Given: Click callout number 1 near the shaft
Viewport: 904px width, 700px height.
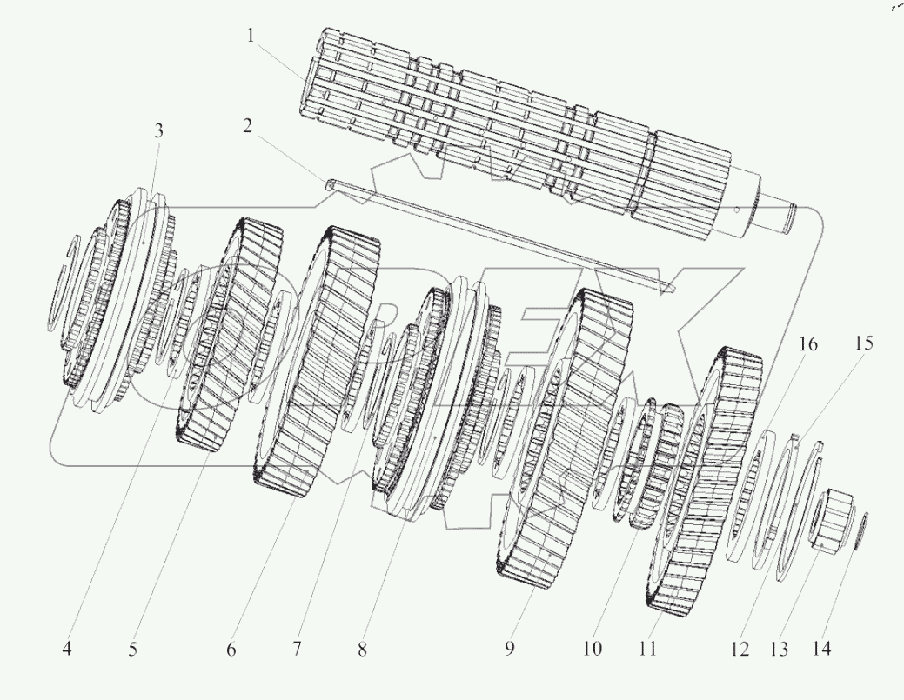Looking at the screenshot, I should coord(251,36).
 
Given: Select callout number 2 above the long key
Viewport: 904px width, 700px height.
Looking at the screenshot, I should coord(248,126).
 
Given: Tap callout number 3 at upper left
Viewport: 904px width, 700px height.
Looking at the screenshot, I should coord(158,131).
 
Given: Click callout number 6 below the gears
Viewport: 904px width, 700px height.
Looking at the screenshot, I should coord(231,649).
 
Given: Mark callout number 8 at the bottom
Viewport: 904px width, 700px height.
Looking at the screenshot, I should coord(362,649).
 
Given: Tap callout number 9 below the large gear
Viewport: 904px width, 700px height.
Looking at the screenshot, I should coord(510,649).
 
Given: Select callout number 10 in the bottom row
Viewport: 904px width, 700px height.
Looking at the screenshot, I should coord(592,649).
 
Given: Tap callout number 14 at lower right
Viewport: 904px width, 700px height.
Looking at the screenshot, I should coord(821,649).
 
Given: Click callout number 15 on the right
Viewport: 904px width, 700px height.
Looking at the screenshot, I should coord(863,344).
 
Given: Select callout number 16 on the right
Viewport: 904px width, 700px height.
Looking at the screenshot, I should coord(807,344).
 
